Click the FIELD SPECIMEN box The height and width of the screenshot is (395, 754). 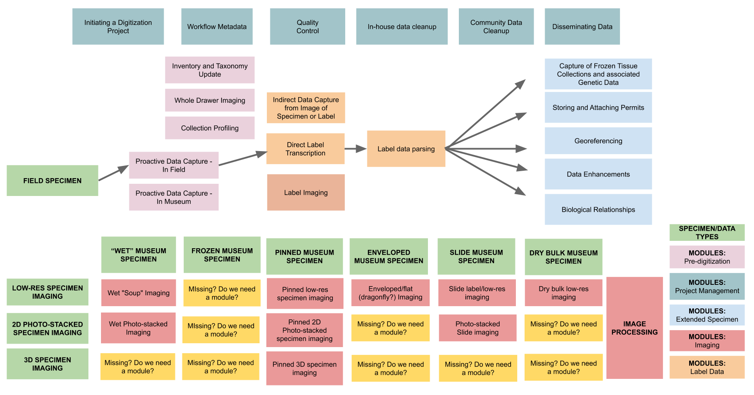coord(52,180)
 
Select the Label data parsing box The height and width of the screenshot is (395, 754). coord(406,149)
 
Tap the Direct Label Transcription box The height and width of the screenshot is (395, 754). coord(305,149)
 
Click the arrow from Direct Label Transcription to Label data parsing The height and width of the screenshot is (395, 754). coord(355,149)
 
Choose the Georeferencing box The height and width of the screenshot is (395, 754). coord(598,141)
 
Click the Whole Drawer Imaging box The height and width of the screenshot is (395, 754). coord(209,100)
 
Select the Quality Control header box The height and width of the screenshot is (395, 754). coord(307,27)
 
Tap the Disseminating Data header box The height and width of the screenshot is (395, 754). coord(582,27)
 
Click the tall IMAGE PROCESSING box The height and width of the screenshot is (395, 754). coord(634,327)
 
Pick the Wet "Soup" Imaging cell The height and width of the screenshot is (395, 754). coord(138,293)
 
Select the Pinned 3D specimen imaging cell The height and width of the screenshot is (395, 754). coord(304,368)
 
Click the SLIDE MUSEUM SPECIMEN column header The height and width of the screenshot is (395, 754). coord(476,256)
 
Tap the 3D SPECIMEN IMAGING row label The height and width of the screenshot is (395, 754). coord(47,364)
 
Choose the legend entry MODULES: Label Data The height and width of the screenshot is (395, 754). coord(707,367)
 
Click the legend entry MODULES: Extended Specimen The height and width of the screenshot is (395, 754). coord(707,315)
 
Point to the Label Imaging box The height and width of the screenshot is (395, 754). coord(306,192)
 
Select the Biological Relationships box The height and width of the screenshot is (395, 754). coord(598,209)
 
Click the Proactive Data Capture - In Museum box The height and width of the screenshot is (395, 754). coord(174,197)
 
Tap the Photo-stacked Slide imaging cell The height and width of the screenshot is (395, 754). coord(478,328)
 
